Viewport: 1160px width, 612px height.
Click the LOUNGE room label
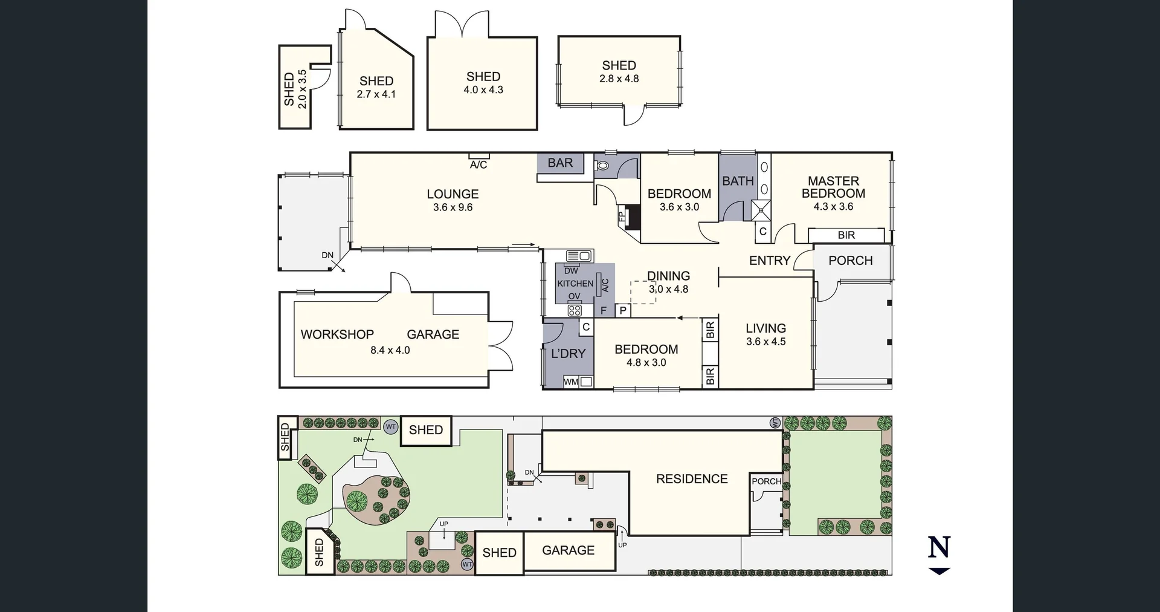(x=453, y=194)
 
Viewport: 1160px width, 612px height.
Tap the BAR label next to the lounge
(x=560, y=163)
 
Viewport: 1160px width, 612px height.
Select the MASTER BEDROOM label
(x=833, y=187)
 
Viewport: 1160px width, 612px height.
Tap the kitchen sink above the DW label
(x=578, y=256)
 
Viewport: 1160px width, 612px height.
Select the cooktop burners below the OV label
(x=575, y=311)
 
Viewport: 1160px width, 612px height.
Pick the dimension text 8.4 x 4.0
(x=390, y=350)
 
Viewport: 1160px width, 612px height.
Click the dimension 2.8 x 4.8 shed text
(x=619, y=79)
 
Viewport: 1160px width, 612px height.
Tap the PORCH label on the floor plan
(x=850, y=261)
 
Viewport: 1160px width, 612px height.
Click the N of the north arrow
(x=939, y=547)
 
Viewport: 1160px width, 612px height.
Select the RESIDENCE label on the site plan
(x=692, y=479)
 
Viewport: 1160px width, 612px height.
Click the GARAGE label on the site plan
(x=568, y=550)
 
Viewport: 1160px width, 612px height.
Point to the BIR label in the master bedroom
(x=846, y=235)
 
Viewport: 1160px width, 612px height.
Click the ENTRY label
(x=769, y=261)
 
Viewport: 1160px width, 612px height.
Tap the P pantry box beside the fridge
(x=623, y=311)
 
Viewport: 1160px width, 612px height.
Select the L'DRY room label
(x=568, y=354)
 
